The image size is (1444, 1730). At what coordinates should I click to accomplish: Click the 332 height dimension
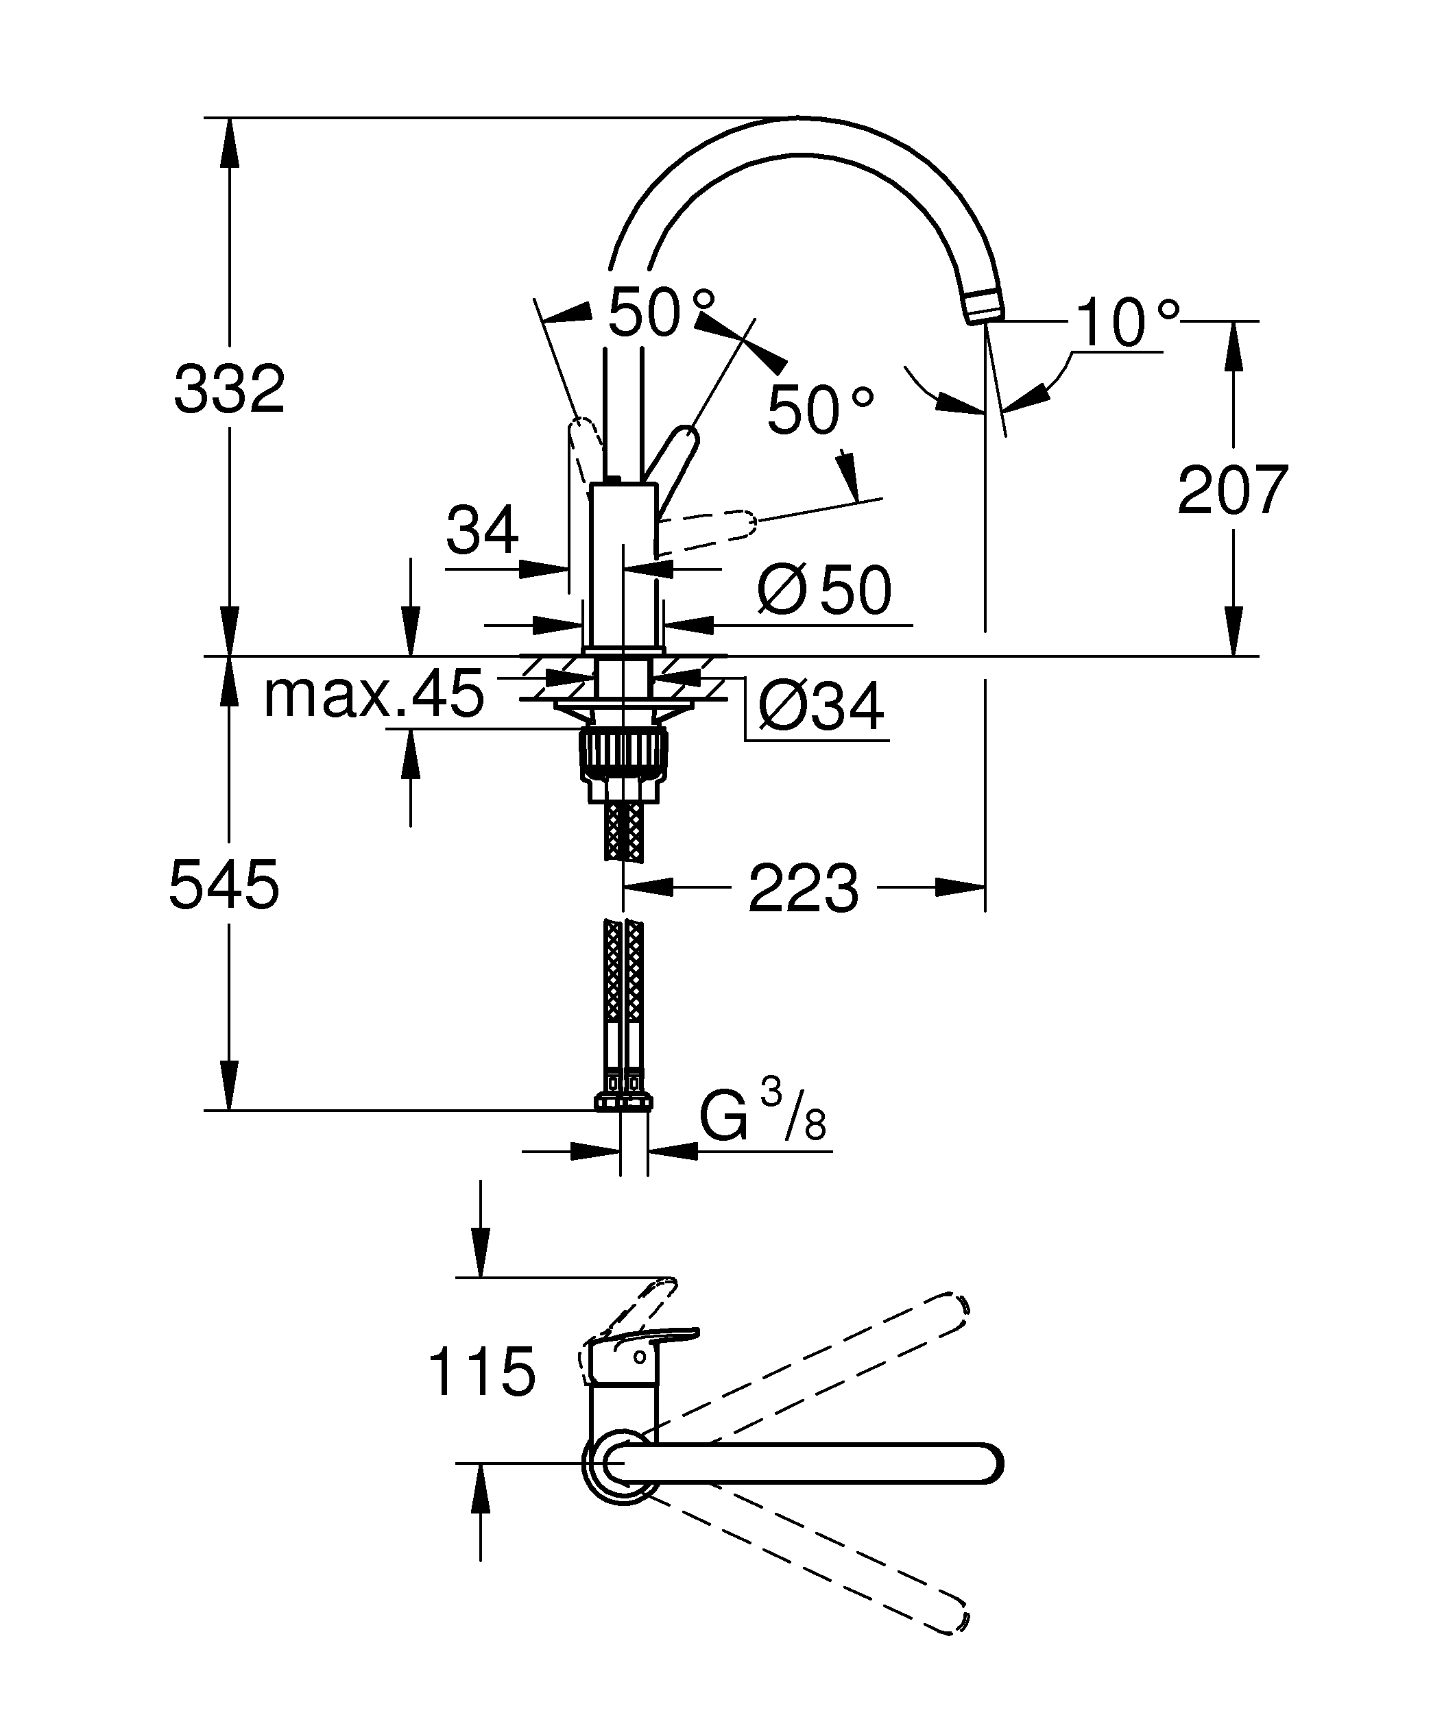tap(229, 389)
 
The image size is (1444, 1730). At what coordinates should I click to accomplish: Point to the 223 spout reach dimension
tap(804, 888)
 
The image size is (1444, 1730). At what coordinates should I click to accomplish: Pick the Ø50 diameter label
tap(824, 590)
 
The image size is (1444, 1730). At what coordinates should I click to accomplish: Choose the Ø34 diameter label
tap(821, 705)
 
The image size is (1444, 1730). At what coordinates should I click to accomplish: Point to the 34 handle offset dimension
tap(482, 529)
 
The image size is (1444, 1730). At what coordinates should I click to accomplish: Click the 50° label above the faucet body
tap(662, 312)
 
